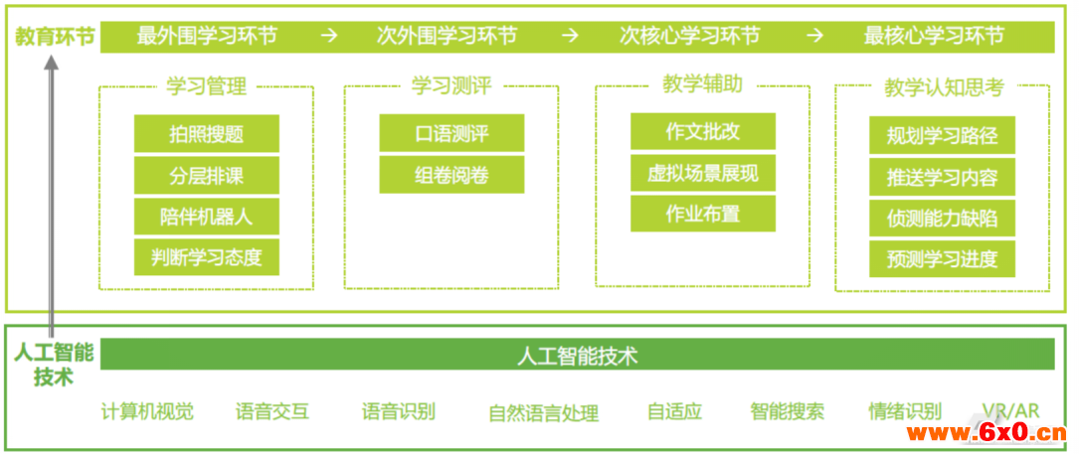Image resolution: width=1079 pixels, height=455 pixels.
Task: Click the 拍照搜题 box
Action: [207, 133]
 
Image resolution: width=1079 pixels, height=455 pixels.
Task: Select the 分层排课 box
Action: [207, 175]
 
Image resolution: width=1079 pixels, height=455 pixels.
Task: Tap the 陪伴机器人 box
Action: [207, 217]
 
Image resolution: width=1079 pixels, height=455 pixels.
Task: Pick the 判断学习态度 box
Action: [207, 257]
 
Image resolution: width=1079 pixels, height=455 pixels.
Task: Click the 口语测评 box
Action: [451, 133]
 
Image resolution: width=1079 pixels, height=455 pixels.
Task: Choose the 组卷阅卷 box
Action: [451, 175]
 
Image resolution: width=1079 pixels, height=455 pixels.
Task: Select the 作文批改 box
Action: [702, 131]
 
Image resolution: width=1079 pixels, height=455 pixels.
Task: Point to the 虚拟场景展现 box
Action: [702, 173]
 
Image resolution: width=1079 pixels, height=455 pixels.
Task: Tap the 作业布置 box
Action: [702, 213]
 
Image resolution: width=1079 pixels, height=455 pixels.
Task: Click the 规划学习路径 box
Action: [942, 135]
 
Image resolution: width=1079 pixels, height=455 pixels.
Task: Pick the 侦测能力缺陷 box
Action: [942, 218]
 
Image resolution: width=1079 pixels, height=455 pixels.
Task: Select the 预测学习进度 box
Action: [942, 258]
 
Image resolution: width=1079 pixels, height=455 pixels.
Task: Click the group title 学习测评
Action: [451, 86]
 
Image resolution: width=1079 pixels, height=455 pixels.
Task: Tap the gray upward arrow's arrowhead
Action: [52, 62]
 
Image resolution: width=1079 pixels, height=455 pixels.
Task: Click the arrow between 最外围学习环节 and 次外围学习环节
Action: [329, 36]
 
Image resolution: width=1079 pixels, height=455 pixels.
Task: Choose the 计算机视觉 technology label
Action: [147, 411]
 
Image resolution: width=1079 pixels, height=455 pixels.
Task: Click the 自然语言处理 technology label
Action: [544, 413]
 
